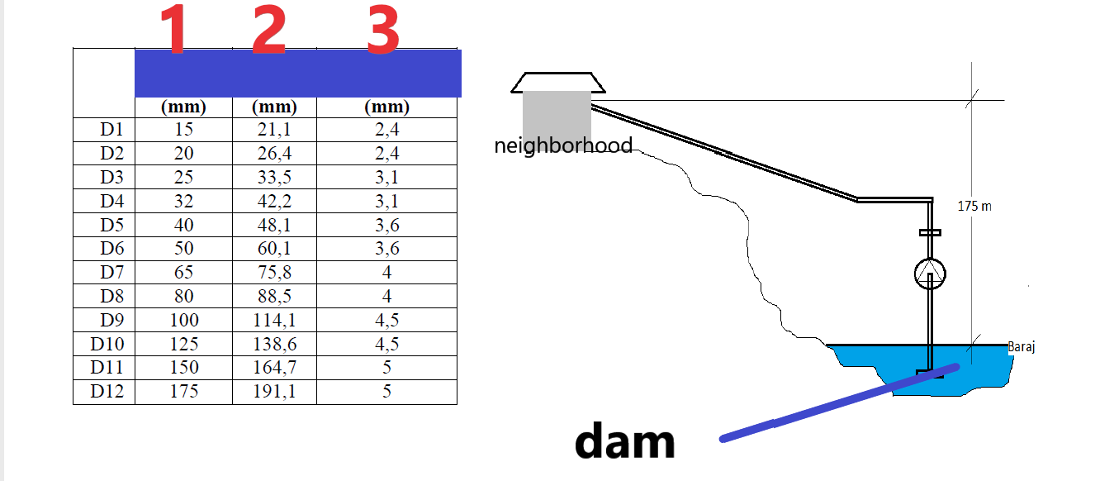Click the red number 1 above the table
[x=175, y=30]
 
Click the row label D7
[x=111, y=273]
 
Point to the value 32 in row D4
[x=183, y=202]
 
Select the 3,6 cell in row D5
[x=386, y=226]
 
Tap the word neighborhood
[x=563, y=146]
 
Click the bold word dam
[x=625, y=443]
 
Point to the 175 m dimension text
[x=974, y=206]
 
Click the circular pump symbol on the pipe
[x=930, y=274]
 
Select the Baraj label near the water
[x=1022, y=347]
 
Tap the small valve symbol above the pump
[x=930, y=233]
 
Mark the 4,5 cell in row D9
[x=386, y=321]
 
